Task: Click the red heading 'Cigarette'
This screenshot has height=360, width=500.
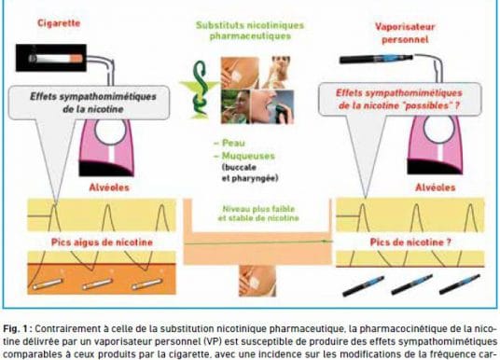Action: coord(59,23)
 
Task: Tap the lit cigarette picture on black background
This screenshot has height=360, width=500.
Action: coord(51,58)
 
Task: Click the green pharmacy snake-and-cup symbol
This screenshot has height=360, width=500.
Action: coord(199,90)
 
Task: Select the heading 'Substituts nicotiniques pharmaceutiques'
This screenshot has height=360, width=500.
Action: coord(250,31)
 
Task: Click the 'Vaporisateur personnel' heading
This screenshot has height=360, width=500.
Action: coord(405,34)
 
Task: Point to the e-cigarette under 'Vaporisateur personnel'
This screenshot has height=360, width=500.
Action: coord(376,59)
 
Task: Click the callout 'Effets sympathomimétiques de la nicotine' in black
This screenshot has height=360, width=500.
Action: coord(92,103)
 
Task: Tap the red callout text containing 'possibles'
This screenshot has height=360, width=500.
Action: coord(399,99)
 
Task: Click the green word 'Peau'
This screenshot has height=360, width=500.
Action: coord(234,144)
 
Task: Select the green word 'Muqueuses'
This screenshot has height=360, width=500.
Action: coord(248,156)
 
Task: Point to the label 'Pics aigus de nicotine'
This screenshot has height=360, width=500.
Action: coord(102,242)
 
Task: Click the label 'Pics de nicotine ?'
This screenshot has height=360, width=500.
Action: coord(410,242)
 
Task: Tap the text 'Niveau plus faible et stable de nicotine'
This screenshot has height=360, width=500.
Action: coord(258,214)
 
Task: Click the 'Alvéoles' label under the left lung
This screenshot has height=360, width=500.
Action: coord(109,187)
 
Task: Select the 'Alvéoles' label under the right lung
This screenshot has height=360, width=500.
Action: coord(435,187)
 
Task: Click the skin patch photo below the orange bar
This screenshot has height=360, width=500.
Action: coord(257,281)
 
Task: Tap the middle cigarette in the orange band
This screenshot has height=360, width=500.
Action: coord(98,284)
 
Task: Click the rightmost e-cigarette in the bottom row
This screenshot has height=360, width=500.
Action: coord(460,284)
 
